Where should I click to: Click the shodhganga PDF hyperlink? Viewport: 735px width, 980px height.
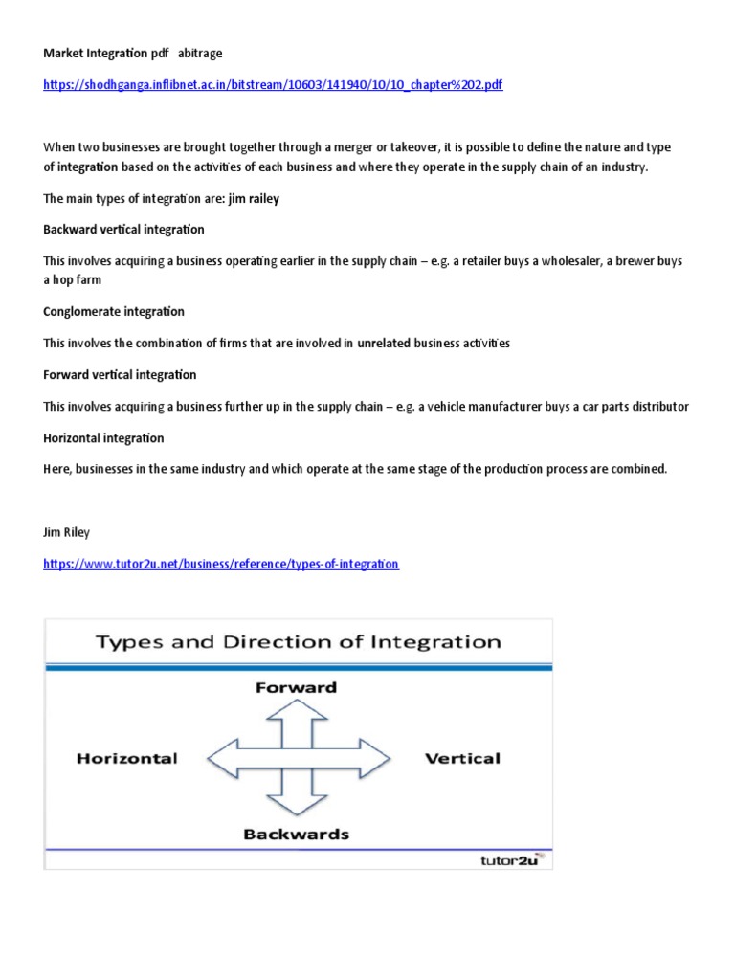273,85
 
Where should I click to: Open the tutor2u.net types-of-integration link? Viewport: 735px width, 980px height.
221,564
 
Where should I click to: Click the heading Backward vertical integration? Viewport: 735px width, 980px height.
123,230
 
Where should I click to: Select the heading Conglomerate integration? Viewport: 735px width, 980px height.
114,311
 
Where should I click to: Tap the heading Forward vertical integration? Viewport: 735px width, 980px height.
120,374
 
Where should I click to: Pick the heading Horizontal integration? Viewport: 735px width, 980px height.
103,437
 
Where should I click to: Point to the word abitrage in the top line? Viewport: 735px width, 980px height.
204,53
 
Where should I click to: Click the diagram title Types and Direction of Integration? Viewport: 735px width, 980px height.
298,641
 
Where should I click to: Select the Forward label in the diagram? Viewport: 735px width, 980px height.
297,687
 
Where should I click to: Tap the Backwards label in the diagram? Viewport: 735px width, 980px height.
297,834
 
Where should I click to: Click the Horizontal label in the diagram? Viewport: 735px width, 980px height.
127,758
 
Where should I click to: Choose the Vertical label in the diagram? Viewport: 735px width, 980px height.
462,758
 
